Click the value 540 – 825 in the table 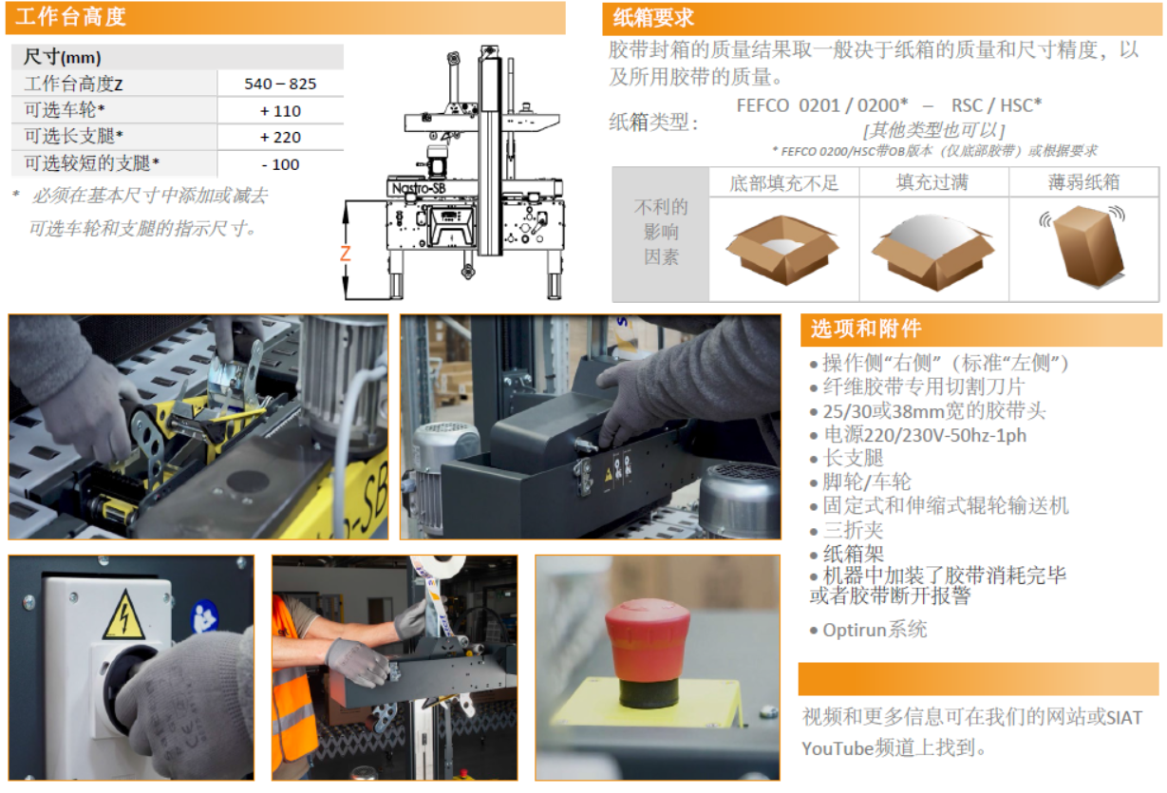pyautogui.click(x=280, y=84)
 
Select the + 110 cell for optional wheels pyautogui.click(x=280, y=111)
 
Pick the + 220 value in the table pyautogui.click(x=280, y=138)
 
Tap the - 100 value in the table pyautogui.click(x=280, y=164)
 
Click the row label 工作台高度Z pyautogui.click(x=73, y=84)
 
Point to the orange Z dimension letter pyautogui.click(x=345, y=254)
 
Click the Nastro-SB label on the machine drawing pyautogui.click(x=419, y=188)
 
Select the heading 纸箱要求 pyautogui.click(x=653, y=18)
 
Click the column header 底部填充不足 pyautogui.click(x=783, y=183)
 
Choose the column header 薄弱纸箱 pyautogui.click(x=1083, y=182)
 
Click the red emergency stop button pyautogui.click(x=648, y=651)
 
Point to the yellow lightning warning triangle pyautogui.click(x=124, y=614)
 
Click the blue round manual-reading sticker pyautogui.click(x=204, y=618)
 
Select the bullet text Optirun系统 pyautogui.click(x=875, y=630)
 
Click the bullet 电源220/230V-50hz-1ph pyautogui.click(x=925, y=435)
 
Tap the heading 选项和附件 pyautogui.click(x=866, y=329)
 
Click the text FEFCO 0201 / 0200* pyautogui.click(x=822, y=105)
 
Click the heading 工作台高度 pyautogui.click(x=70, y=16)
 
